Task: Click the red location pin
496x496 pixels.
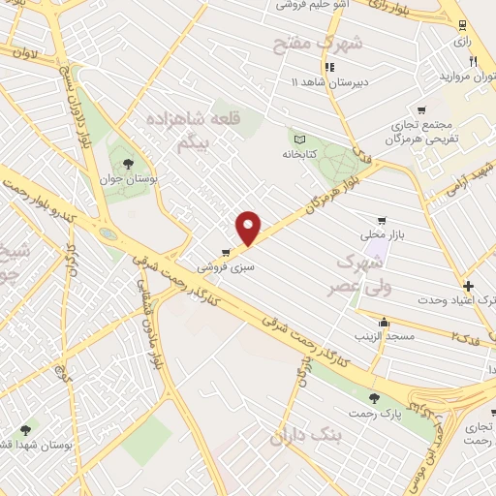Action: [x=249, y=229]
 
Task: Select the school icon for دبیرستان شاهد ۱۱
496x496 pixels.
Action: [x=328, y=68]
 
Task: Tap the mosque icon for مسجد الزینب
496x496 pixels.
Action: [x=385, y=323]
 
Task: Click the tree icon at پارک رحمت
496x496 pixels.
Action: [x=375, y=398]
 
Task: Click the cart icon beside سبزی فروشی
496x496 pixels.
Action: [x=226, y=251]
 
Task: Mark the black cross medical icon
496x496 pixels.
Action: [x=468, y=286]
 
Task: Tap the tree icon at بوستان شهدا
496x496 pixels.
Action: [x=25, y=430]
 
